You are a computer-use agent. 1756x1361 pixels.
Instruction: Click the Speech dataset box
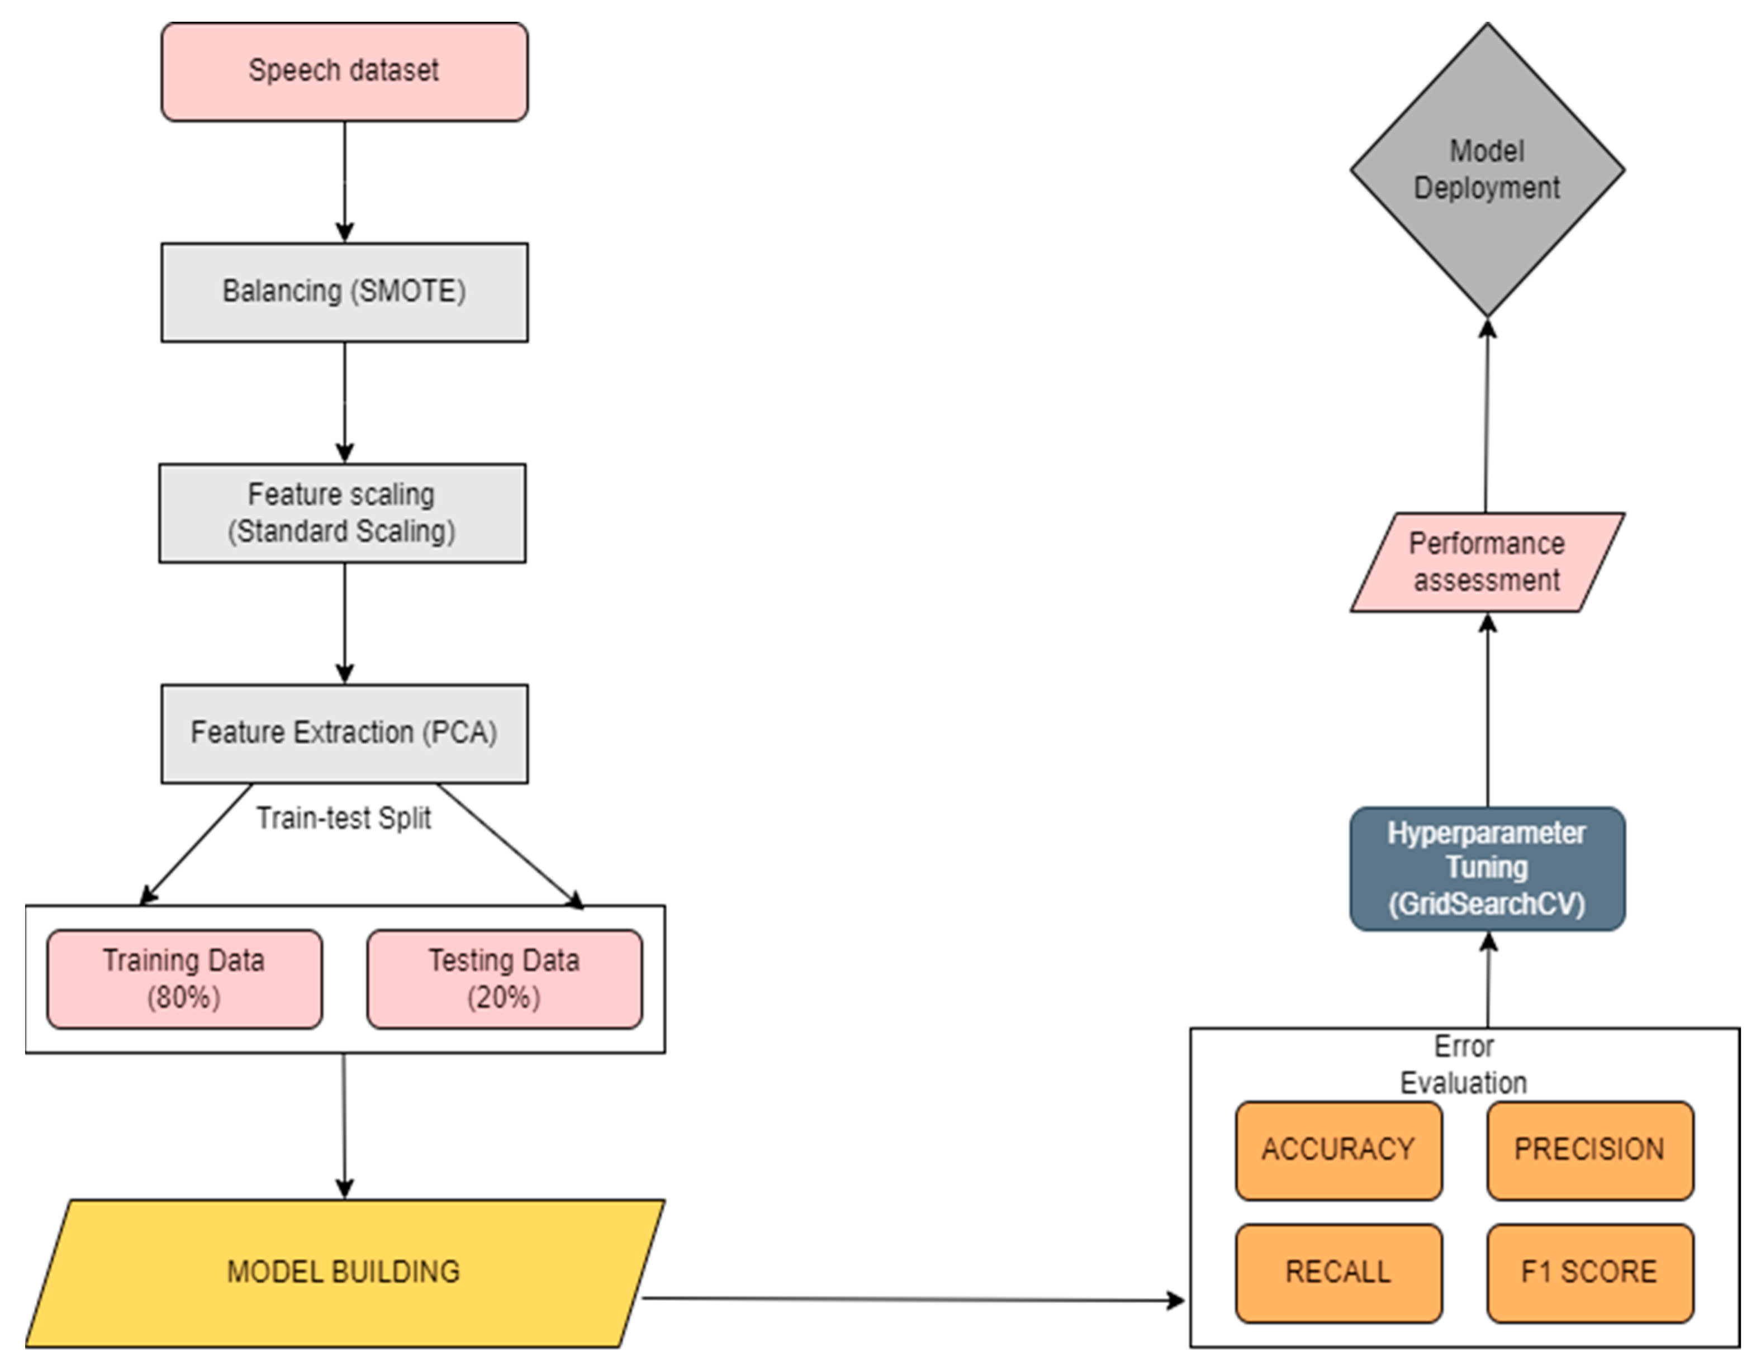pos(344,72)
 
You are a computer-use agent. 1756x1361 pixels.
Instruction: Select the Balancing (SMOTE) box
pos(344,292)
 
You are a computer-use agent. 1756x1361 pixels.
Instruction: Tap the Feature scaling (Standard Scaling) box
pos(343,513)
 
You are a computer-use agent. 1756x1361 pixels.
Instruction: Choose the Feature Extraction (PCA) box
pos(344,733)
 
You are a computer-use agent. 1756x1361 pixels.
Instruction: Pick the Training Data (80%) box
pos(184,979)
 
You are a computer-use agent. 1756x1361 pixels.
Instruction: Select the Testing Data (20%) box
pos(504,979)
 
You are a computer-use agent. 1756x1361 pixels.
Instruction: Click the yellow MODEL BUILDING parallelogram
pos(344,1272)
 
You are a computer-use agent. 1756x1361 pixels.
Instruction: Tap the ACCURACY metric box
pos(1338,1150)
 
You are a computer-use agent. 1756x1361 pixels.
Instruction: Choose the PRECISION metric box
pos(1589,1150)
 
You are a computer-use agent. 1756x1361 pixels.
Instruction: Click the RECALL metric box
pos(1338,1272)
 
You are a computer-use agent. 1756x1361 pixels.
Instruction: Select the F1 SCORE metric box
pos(1589,1272)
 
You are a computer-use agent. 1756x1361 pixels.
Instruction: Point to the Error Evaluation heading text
pos(1463,1064)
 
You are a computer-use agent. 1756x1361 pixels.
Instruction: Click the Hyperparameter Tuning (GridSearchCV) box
pos(1487,869)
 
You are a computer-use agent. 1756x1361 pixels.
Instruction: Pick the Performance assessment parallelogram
pos(1487,562)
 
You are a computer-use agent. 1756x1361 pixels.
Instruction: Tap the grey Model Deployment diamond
pos(1487,170)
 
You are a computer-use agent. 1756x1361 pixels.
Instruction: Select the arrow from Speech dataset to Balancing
pos(345,181)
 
